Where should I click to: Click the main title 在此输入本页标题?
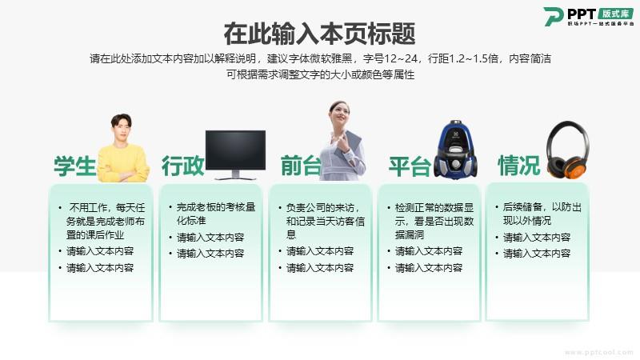319,34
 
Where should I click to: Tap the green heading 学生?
75,166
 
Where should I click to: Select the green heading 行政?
182,166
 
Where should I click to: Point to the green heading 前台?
302,166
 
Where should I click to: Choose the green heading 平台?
410,166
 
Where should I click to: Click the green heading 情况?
518,166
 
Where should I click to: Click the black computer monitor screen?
235,150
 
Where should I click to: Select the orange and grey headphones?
568,150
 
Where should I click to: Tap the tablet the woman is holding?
348,144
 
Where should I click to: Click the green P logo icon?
553,17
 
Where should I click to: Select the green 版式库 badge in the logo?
615,14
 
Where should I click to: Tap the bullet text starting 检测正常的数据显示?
434,221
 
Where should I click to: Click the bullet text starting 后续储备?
542,214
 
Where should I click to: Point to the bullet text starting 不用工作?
106,221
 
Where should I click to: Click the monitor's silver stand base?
235,178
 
